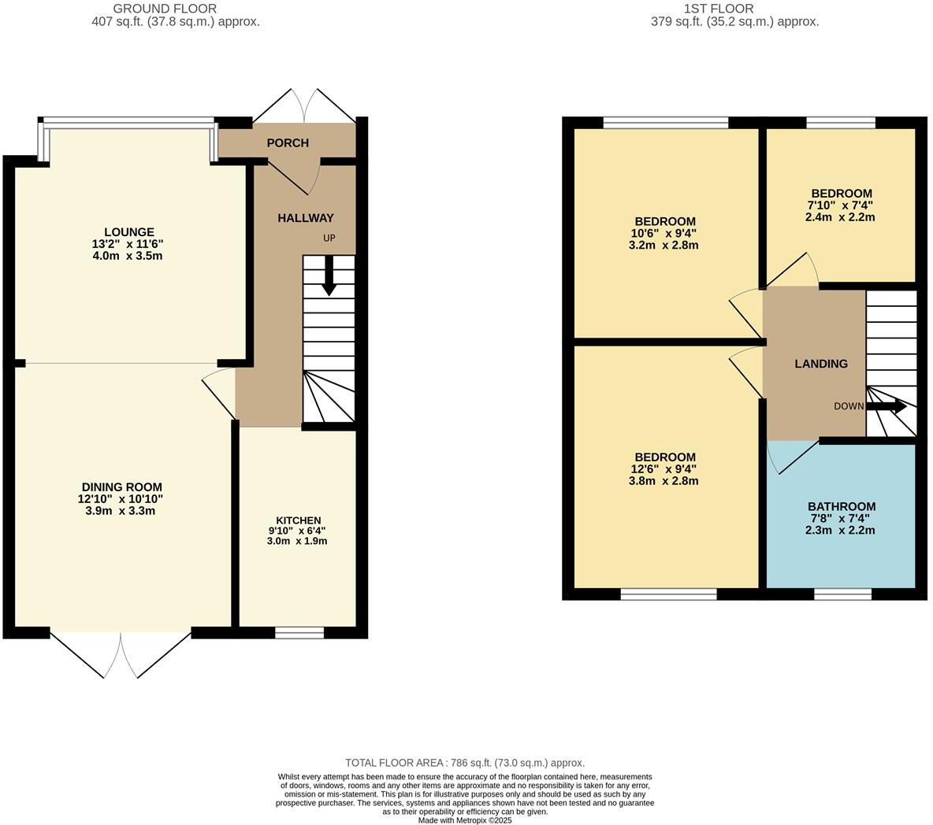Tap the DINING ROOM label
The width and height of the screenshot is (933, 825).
121,487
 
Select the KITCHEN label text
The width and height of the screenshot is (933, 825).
298,520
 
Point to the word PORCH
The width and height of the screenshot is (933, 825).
288,143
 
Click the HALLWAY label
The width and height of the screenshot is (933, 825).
305,218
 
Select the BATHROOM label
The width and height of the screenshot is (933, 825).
841,507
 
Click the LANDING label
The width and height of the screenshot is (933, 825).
820,364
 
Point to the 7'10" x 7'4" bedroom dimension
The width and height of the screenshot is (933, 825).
841,205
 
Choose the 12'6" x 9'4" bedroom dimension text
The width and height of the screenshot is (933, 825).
665,469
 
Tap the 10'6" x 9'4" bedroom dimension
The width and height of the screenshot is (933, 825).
665,233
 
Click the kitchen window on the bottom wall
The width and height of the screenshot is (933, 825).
299,632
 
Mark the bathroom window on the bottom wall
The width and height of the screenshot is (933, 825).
842,594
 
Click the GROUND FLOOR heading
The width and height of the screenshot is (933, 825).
165,9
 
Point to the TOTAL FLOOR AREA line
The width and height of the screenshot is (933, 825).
465,763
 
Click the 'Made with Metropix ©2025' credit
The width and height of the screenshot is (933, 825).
465,819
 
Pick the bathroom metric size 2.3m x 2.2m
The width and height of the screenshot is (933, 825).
840,531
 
